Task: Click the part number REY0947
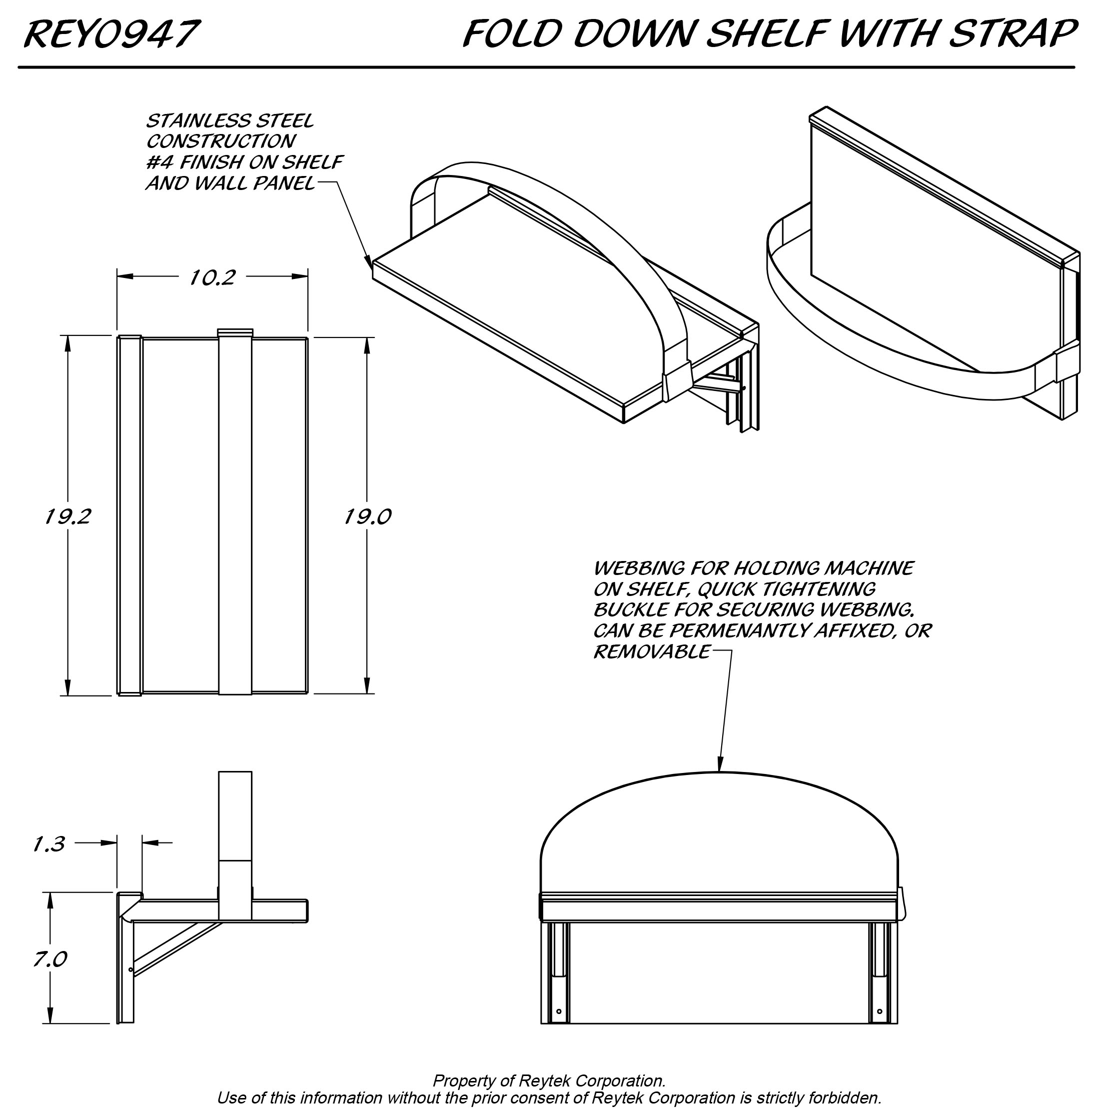click(x=111, y=34)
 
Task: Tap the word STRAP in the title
click(x=1012, y=34)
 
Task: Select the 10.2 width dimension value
click(x=212, y=278)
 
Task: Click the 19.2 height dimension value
click(x=68, y=517)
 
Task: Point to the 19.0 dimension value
click(x=367, y=517)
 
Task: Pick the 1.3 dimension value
click(x=49, y=844)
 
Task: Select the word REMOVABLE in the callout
click(x=651, y=652)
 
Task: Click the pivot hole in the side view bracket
click(x=130, y=970)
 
